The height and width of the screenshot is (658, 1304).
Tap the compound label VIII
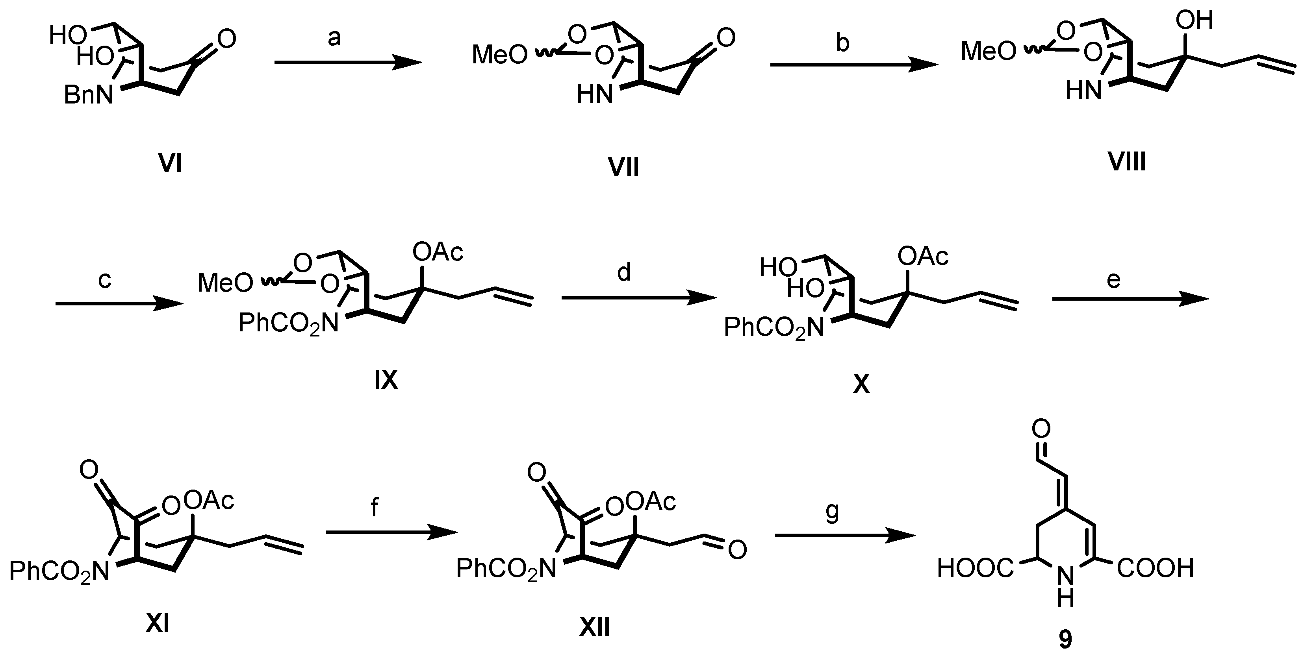(x=1127, y=162)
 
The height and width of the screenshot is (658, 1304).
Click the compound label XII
(x=594, y=628)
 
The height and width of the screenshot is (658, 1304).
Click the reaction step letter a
(x=334, y=38)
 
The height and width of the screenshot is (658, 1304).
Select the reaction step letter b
(x=842, y=43)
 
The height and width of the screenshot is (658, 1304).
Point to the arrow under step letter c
(x=119, y=303)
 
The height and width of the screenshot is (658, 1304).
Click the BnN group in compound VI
(x=89, y=95)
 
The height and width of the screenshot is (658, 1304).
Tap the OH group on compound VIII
(x=1194, y=21)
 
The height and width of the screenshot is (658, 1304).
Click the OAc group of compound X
(x=923, y=257)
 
